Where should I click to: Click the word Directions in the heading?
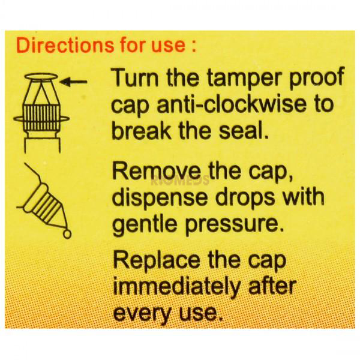pos(65,44)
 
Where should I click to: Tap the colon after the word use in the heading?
pos(194,46)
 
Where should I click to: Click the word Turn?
pos(135,77)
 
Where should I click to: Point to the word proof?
pos(316,78)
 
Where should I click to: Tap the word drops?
pos(245,199)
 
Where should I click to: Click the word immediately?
pos(176,287)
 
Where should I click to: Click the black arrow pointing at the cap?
pos(73,82)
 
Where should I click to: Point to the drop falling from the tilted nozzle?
pos(67,235)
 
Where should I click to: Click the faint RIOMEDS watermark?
pos(180,181)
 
